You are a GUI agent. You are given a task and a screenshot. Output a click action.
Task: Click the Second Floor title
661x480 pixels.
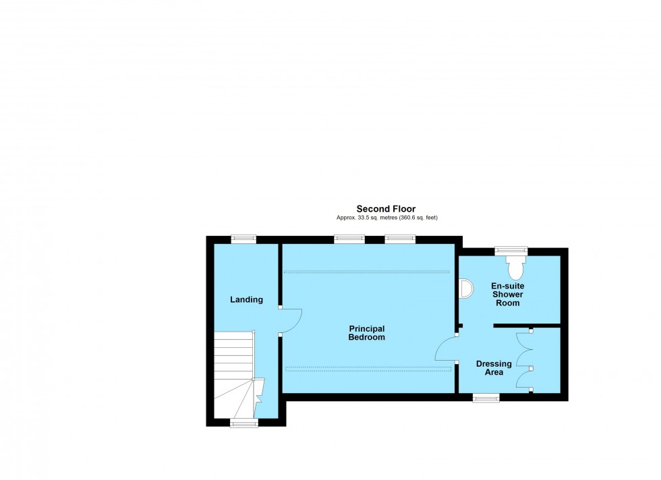coord(386,209)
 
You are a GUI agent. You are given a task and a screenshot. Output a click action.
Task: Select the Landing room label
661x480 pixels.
coord(246,299)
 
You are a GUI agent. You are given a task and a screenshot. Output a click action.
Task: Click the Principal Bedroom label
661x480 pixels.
coord(366,332)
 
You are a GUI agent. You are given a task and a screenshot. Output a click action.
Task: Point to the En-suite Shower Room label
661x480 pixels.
coord(507,295)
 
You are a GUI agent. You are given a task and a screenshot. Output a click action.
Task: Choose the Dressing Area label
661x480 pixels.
coord(494,368)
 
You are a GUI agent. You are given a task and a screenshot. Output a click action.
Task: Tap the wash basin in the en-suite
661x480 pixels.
coord(464,289)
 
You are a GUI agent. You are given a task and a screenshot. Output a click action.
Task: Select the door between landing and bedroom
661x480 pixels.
coord(291,320)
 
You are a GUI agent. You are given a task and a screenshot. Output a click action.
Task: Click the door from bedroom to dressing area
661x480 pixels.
coord(446,349)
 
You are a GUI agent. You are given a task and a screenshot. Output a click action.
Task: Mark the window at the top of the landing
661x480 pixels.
coord(243,239)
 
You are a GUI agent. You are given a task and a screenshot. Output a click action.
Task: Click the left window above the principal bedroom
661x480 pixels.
coord(349,239)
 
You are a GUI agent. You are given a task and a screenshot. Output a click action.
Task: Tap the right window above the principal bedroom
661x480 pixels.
coord(400,239)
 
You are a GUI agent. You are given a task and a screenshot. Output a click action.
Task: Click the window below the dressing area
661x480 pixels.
coord(486,398)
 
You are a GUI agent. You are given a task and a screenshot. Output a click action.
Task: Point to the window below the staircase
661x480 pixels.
coord(243,423)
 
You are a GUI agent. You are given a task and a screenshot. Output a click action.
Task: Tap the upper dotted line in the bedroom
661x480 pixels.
coord(366,272)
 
